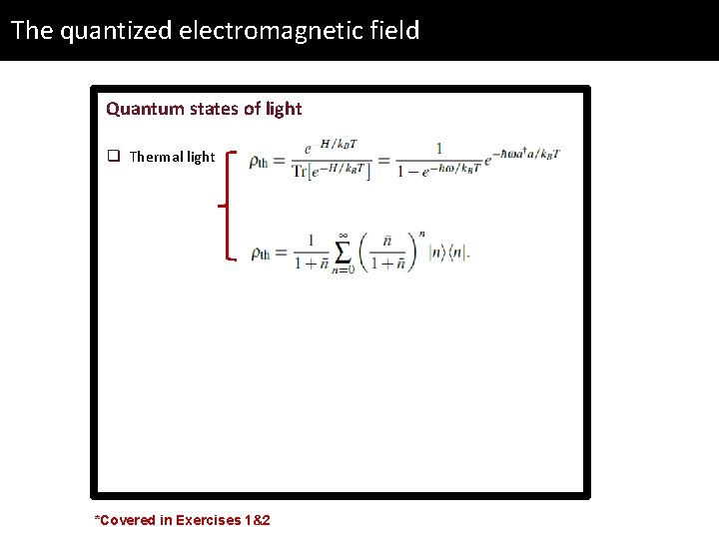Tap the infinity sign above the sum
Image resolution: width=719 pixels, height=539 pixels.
tap(343, 235)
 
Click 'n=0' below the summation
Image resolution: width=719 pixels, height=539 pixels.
tap(343, 269)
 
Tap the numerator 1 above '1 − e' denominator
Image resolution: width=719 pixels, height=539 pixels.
tap(438, 148)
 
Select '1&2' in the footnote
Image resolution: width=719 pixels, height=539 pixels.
tap(257, 520)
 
